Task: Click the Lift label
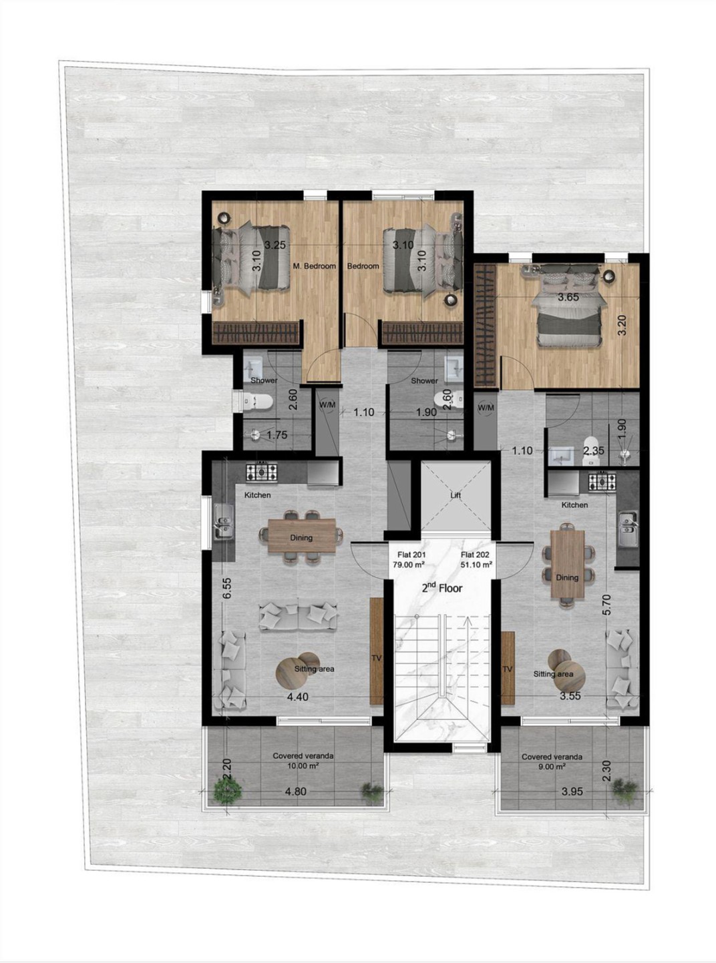click(x=455, y=495)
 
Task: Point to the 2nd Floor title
click(x=441, y=589)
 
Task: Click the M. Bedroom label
click(x=315, y=266)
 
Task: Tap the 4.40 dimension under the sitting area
click(x=298, y=697)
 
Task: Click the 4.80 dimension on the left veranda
click(x=295, y=791)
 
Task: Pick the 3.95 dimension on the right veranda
click(x=572, y=791)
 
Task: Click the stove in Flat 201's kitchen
click(x=262, y=472)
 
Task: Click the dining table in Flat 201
click(x=301, y=536)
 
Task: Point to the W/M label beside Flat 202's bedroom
click(x=486, y=408)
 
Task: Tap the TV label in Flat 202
click(x=508, y=669)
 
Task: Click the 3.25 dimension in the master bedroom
click(x=275, y=245)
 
